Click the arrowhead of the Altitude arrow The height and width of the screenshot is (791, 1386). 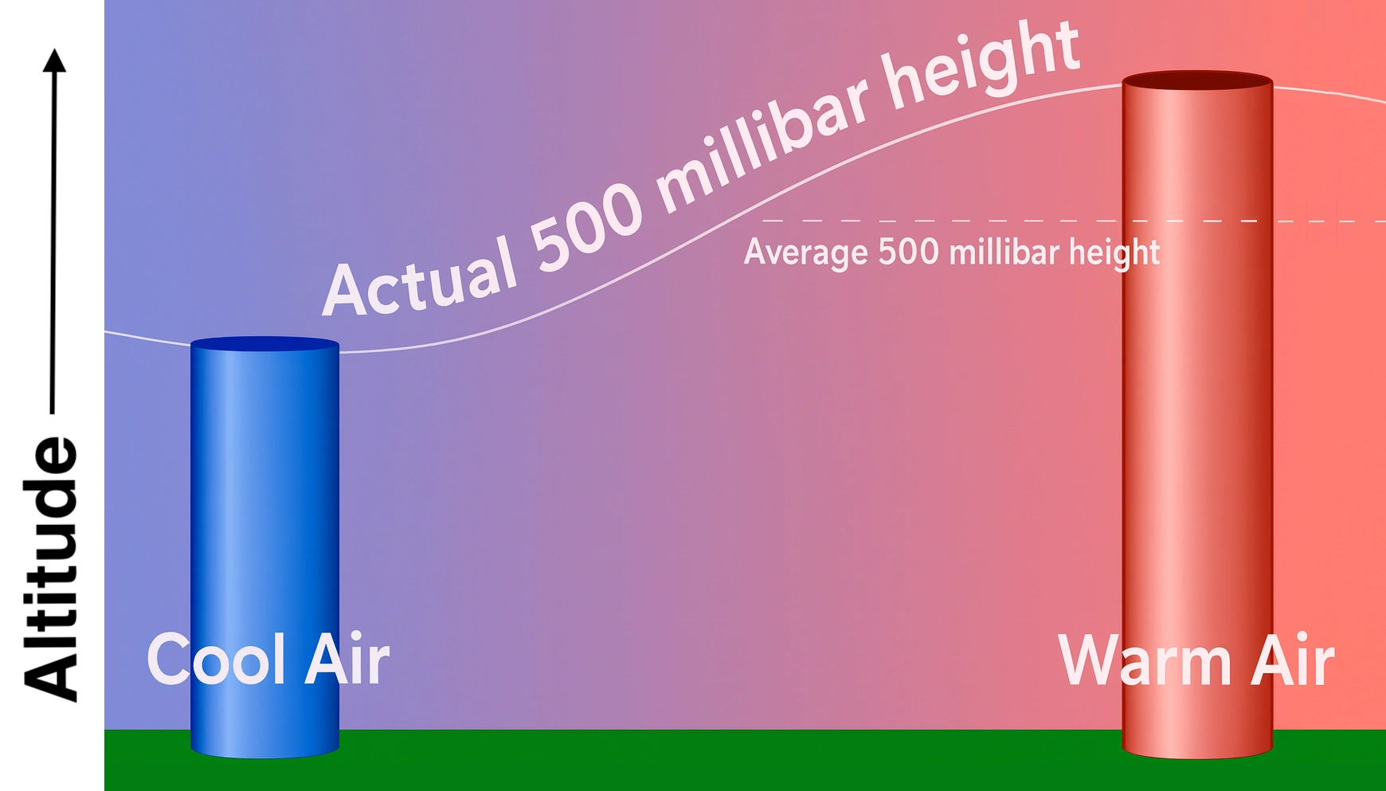click(x=54, y=61)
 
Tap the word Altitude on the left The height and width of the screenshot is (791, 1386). click(x=50, y=569)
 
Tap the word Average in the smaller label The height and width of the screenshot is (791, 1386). click(x=806, y=253)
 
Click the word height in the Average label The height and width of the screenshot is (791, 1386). click(x=1114, y=253)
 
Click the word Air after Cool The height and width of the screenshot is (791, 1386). click(x=347, y=659)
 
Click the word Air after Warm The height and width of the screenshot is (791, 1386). click(x=1292, y=660)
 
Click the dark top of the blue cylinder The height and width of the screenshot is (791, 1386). click(x=264, y=344)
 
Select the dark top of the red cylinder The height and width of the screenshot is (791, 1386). click(x=1197, y=80)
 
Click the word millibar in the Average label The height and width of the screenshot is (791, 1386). click(x=1004, y=252)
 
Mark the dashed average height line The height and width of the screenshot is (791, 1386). click(x=1074, y=221)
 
